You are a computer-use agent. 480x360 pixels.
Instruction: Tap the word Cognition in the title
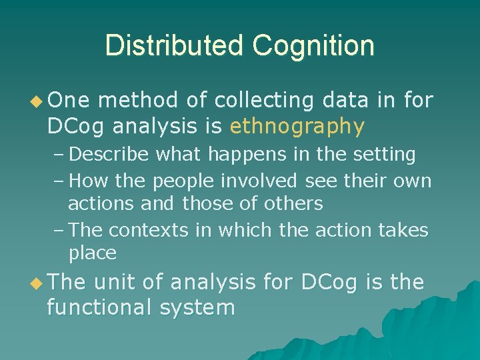coord(313,46)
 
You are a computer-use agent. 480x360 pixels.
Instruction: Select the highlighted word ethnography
coord(297,125)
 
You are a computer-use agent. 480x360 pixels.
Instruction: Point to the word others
coord(293,203)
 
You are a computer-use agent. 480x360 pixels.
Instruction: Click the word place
coord(93,253)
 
